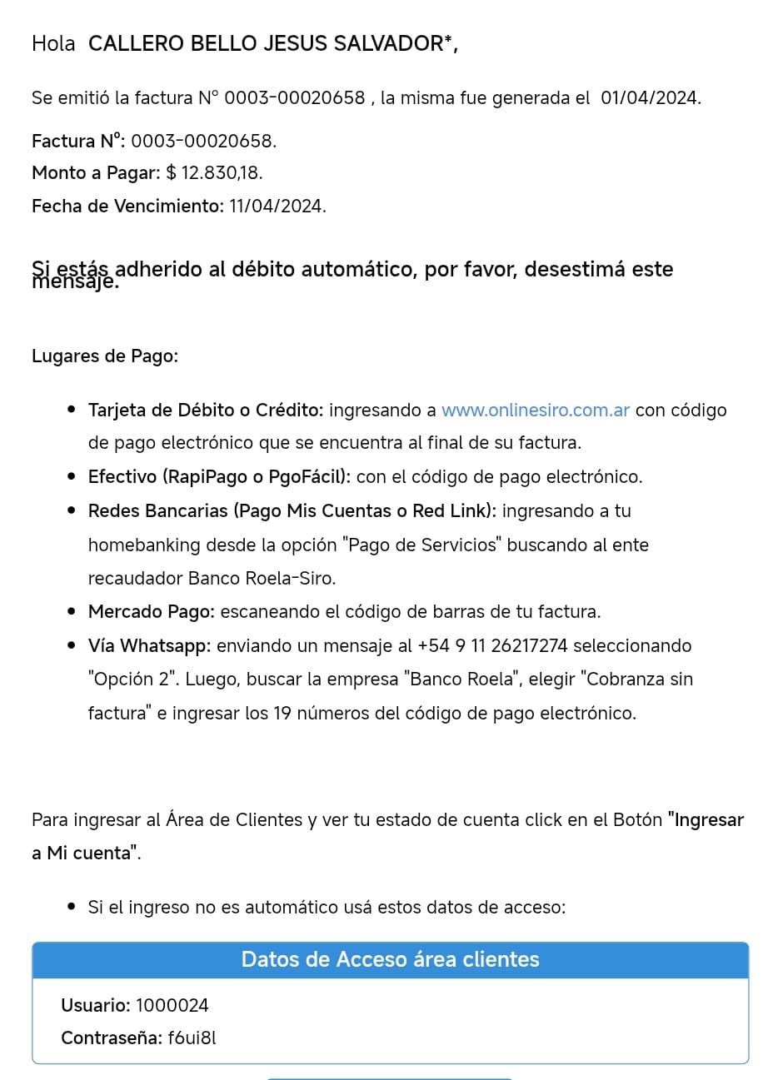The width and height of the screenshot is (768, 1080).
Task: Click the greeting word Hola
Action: pyautogui.click(x=53, y=44)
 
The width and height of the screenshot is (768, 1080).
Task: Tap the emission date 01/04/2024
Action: pyautogui.click(x=650, y=98)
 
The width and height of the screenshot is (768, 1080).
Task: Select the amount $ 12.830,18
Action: pyautogui.click(x=214, y=173)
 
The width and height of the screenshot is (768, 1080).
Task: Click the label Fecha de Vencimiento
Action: pyautogui.click(x=127, y=207)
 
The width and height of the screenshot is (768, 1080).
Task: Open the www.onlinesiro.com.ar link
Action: pyautogui.click(x=536, y=411)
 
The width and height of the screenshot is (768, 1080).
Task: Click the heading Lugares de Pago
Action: pyautogui.click(x=105, y=356)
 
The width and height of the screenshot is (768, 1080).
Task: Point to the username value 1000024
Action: pyautogui.click(x=172, y=1006)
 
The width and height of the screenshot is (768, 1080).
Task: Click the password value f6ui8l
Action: pyautogui.click(x=192, y=1038)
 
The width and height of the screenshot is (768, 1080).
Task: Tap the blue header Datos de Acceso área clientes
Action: pyautogui.click(x=390, y=960)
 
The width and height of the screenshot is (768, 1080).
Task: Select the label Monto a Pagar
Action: pyautogui.click(x=96, y=173)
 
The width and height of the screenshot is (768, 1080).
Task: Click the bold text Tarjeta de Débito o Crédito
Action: pyautogui.click(x=205, y=411)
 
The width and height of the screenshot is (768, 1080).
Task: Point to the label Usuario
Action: pyautogui.click(x=95, y=1006)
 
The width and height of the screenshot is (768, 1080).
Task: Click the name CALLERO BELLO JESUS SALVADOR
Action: pyautogui.click(x=266, y=44)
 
